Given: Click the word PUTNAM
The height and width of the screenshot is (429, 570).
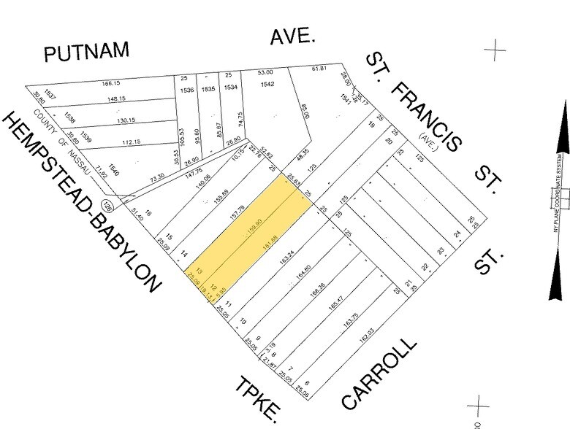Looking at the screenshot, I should point(86,52).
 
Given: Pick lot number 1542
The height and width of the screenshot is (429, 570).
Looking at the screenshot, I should point(267,85).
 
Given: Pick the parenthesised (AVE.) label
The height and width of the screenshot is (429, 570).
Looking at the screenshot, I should point(427,138).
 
